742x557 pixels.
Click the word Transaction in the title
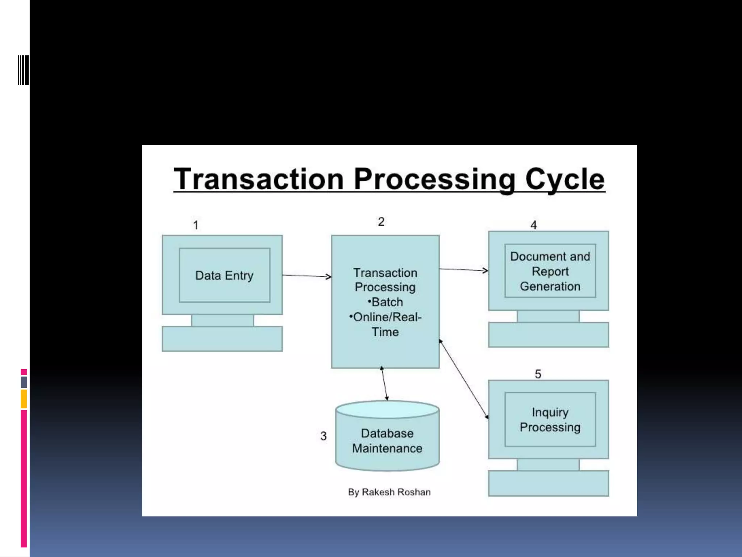tap(258, 179)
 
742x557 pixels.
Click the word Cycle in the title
tap(564, 179)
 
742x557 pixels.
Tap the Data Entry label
tap(224, 275)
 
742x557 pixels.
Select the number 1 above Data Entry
tap(196, 225)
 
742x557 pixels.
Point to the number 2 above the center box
tap(381, 222)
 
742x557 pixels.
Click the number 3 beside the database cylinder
tap(324, 436)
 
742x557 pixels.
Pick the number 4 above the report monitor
tap(533, 225)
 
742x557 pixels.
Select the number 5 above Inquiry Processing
tap(538, 374)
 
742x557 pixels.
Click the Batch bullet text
tap(385, 302)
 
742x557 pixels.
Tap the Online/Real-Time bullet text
tap(385, 324)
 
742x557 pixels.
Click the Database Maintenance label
tap(387, 441)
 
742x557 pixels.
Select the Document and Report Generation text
tap(550, 271)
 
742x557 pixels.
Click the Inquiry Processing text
tap(550, 420)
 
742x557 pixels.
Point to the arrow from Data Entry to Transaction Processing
tap(307, 276)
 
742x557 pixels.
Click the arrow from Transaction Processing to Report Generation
tap(464, 269)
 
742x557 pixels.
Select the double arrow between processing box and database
tap(384, 384)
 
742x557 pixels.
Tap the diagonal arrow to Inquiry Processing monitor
tap(464, 379)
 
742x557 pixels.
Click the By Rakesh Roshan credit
tap(389, 492)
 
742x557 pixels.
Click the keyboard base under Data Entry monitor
tap(222, 339)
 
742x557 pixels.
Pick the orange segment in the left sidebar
tap(24, 399)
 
